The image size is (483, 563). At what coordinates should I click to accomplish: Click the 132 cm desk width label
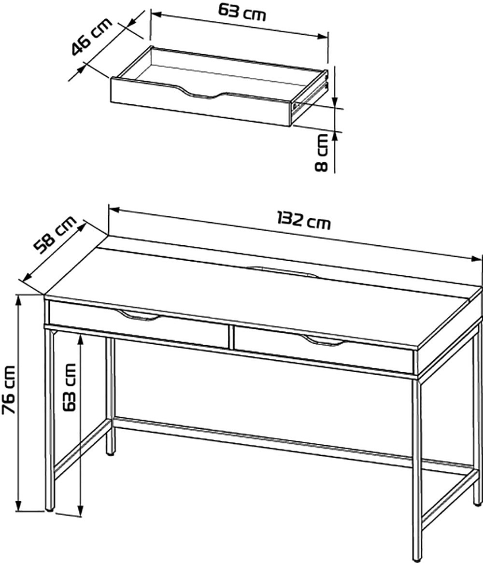[x=303, y=220]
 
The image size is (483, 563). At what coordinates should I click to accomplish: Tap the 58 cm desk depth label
[x=55, y=235]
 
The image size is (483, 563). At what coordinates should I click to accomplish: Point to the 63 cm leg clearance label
[x=69, y=387]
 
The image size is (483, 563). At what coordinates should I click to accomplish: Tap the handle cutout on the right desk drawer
[x=323, y=341]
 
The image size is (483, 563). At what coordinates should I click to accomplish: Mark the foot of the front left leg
[x=50, y=509]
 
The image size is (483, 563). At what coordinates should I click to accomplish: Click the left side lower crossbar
[x=82, y=449]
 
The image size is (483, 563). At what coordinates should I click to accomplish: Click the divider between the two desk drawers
[x=230, y=337]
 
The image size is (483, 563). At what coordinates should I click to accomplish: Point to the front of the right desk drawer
[x=323, y=350]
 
